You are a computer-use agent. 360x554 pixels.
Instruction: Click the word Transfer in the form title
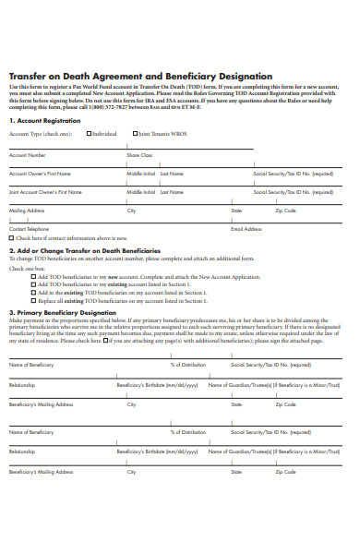pos(28,76)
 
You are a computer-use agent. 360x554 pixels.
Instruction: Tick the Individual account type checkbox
pos(90,133)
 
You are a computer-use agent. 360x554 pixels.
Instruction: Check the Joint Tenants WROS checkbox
pos(135,133)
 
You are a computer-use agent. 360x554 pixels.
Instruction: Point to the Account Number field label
pos(27,155)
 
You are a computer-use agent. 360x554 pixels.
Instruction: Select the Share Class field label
pos(139,155)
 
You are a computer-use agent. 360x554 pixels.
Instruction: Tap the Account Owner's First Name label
pos(40,174)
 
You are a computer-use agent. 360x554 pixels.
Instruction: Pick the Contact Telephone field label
pos(29,228)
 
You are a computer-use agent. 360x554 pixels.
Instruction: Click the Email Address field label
pos(246,228)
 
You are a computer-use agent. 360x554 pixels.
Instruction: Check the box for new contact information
pos(11,237)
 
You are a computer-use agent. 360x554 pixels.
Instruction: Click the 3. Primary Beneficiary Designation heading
pos(58,312)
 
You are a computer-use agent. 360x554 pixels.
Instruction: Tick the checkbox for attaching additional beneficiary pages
pos(104,341)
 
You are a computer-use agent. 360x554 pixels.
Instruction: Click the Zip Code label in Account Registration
pos(285,211)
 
